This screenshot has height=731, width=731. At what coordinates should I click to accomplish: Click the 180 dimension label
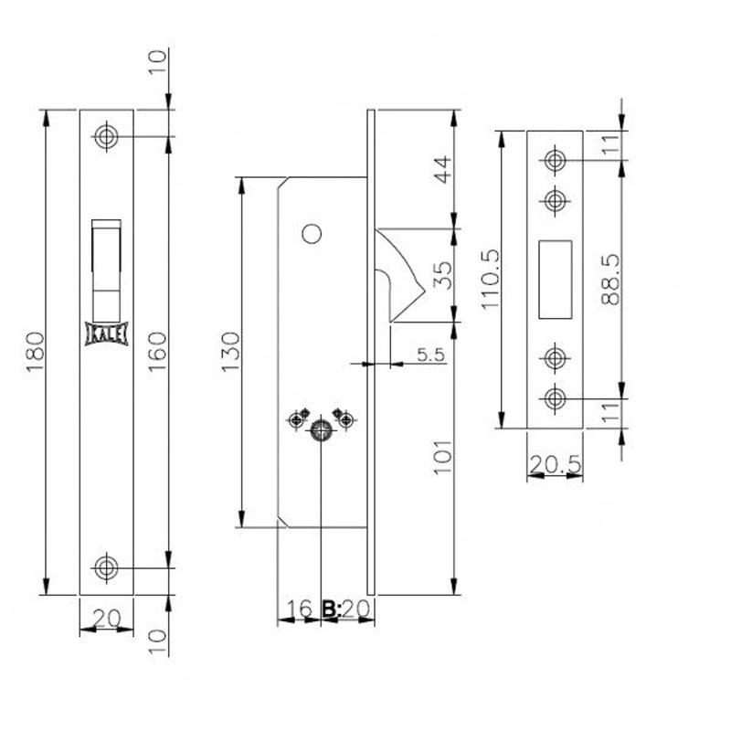click(36, 352)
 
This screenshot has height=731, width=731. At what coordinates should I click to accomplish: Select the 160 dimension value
click(157, 352)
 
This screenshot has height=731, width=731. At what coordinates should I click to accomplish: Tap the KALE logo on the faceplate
click(106, 334)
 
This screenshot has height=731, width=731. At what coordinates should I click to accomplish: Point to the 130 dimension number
click(230, 352)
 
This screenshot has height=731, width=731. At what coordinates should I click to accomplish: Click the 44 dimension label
click(443, 169)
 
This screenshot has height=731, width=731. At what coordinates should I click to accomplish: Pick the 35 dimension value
click(443, 276)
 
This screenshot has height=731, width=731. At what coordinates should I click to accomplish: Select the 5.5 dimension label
click(430, 355)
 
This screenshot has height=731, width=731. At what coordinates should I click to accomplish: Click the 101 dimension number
click(443, 457)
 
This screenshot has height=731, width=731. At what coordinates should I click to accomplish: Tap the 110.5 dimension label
click(490, 280)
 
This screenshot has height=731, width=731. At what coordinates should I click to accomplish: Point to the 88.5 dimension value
click(610, 280)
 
